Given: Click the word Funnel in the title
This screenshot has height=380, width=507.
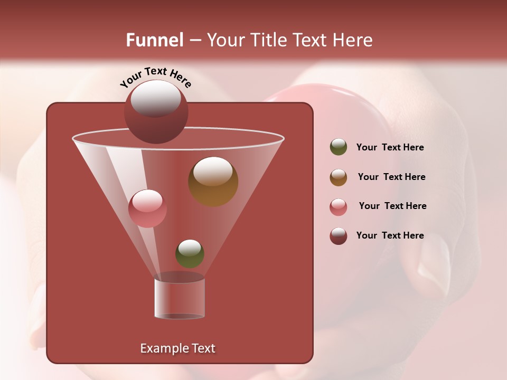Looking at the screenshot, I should (x=155, y=40).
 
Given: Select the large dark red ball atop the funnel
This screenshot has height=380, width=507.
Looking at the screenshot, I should (x=156, y=112).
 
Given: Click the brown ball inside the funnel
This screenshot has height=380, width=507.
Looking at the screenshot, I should (x=213, y=182).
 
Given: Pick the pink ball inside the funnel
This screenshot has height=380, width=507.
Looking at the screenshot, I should (x=147, y=208).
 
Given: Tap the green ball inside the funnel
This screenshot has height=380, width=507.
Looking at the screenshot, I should (x=190, y=253).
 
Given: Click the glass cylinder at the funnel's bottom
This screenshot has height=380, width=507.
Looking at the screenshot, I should (x=180, y=298).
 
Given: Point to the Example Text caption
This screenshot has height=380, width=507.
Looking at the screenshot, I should (x=177, y=348).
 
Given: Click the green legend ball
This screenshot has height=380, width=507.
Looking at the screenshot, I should (x=339, y=147).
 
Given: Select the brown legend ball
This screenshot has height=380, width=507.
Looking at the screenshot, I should (x=339, y=177).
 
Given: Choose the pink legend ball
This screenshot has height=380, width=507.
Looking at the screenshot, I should (x=339, y=207).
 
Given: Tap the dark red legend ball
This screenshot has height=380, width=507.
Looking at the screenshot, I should (x=339, y=236).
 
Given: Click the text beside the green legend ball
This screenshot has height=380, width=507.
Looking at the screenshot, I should (x=390, y=147).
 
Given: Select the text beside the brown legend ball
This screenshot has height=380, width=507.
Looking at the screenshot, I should (x=391, y=177).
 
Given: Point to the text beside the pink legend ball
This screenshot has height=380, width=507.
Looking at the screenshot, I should (x=392, y=206).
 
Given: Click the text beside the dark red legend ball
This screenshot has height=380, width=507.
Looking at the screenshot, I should (x=390, y=235).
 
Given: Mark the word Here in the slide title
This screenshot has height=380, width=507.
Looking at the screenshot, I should (x=354, y=40).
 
